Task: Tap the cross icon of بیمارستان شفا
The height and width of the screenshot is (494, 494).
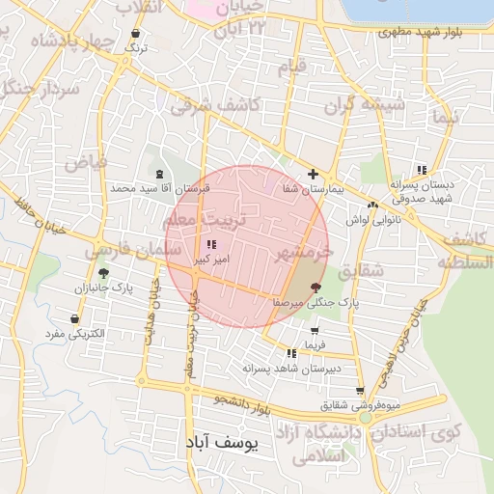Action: [x=312, y=175]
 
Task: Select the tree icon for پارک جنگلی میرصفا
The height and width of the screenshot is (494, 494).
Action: [x=316, y=288]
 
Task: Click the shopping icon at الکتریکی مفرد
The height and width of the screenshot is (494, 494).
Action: [x=74, y=318]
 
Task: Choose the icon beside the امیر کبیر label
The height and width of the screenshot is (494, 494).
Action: [x=211, y=245]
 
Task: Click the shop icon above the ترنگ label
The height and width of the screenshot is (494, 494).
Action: [x=135, y=34]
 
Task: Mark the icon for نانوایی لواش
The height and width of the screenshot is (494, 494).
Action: [x=372, y=205]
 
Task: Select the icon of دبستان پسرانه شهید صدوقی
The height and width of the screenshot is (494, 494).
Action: [x=422, y=170]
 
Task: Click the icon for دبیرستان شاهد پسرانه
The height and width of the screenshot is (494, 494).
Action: [x=291, y=354]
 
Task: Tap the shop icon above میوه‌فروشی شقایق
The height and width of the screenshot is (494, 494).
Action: [x=360, y=391]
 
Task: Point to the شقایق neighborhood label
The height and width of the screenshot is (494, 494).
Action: [x=363, y=272]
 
